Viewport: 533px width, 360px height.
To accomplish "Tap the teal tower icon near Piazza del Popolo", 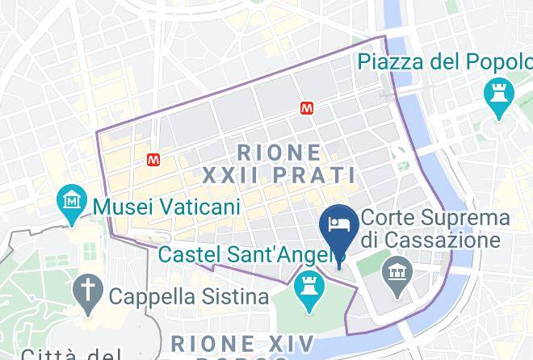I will (x=497, y=94).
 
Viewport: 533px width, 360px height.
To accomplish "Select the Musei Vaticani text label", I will (x=167, y=207).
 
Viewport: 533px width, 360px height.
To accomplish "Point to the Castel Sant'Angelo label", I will (x=246, y=254).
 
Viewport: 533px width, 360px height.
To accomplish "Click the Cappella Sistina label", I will (x=188, y=295).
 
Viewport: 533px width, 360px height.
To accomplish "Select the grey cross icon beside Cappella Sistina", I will (x=85, y=288).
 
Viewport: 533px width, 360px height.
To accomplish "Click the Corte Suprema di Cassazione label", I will (x=435, y=228).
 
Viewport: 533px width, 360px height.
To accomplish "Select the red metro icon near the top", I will (x=307, y=107).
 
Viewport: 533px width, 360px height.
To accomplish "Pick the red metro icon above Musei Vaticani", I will (x=153, y=160).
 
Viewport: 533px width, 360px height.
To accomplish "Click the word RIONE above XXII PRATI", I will (x=279, y=152).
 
